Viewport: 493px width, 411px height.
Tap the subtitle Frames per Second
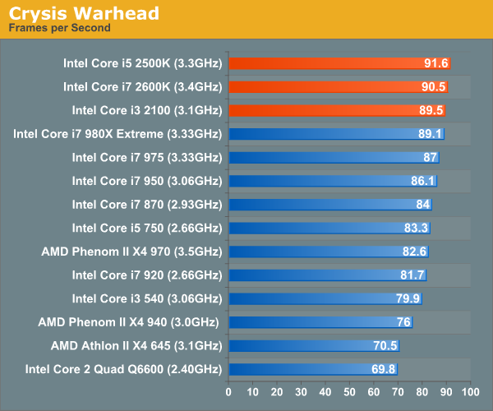point(59,28)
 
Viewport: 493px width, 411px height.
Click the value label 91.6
point(434,62)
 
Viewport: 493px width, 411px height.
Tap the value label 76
point(403,322)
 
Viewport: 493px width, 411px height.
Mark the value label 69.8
point(384,370)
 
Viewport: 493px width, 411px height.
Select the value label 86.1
point(421,181)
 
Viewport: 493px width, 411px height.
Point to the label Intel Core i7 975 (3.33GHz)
point(146,157)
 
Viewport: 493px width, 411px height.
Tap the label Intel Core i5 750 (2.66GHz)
point(146,228)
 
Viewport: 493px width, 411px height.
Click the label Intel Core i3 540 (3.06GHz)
point(146,298)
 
